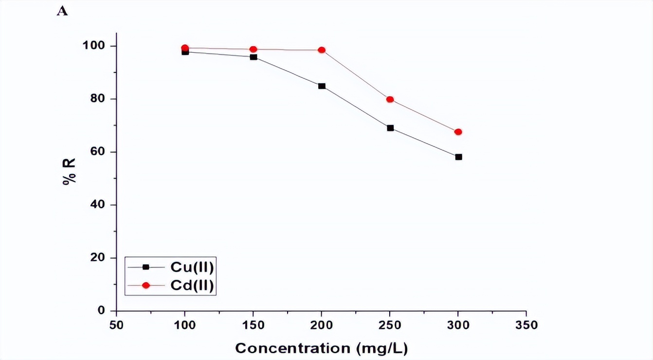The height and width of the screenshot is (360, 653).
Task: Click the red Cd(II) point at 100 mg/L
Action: coord(185,48)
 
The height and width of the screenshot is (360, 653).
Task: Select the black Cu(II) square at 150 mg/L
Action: coord(254,57)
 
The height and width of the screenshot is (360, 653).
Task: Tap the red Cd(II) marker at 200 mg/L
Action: coord(322,50)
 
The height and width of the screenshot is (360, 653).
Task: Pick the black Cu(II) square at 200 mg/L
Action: coord(322,86)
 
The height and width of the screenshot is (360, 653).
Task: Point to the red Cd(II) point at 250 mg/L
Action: coord(390,99)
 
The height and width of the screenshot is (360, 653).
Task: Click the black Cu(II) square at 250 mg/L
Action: coord(390,128)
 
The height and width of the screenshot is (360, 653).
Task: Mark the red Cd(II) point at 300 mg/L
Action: coord(458,132)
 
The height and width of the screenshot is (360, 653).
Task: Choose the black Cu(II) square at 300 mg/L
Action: coord(458,157)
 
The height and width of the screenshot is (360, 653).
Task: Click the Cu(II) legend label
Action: coord(192,267)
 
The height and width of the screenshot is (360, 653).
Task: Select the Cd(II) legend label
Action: coord(192,286)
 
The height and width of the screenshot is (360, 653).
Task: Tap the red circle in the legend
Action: coord(145,286)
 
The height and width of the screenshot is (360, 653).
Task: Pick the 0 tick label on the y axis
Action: coord(101,310)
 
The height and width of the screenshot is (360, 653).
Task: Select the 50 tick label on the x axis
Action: coord(117,325)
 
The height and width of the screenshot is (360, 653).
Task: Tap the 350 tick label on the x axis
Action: coord(526,325)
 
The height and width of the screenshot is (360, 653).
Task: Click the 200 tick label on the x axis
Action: coord(322,325)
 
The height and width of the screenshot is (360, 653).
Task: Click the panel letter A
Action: coord(62,11)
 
